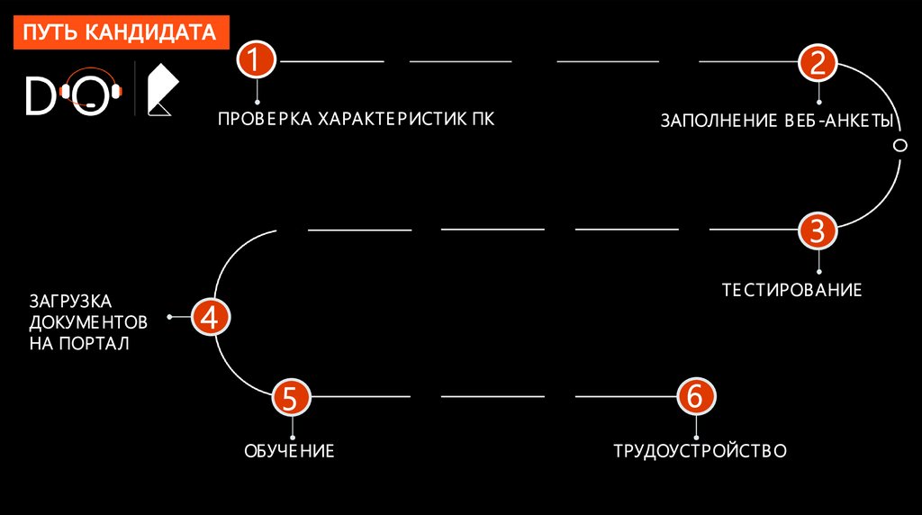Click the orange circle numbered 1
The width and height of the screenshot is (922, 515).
256,61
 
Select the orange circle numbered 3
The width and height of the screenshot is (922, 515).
818,230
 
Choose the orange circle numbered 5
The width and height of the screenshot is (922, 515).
291,396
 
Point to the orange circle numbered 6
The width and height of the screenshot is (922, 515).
696,396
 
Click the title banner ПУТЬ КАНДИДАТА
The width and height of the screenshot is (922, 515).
120,33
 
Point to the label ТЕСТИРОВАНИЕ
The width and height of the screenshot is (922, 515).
792,290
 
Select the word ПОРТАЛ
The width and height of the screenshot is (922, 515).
95,343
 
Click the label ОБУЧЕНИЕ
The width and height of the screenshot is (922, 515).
289,450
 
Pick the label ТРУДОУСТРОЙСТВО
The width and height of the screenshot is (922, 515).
700,450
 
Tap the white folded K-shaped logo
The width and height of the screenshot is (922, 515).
162,90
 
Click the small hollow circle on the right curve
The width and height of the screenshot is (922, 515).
898,146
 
